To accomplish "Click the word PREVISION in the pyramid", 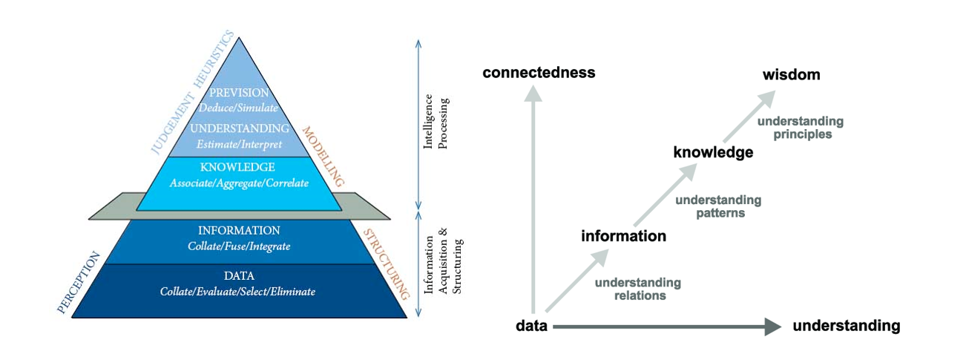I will [239, 93].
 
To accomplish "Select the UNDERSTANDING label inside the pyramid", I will [239, 128].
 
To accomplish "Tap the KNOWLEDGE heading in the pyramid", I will [237, 167].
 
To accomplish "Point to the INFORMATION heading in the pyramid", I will [239, 231].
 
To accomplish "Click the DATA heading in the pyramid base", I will [238, 276].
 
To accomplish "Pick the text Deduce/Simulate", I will [239, 108].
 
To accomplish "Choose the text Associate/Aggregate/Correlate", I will [238, 182].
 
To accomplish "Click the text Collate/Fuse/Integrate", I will [239, 246].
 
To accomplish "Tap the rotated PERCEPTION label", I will [77, 282].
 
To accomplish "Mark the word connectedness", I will [539, 73].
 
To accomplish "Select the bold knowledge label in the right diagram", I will [713, 153].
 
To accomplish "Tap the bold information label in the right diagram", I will [623, 237].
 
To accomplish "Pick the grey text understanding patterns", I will [718, 206].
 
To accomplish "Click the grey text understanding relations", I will [638, 289].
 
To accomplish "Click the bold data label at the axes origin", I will [531, 326].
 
